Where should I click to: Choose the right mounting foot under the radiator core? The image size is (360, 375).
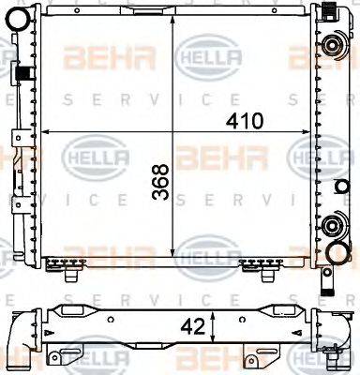(251, 269)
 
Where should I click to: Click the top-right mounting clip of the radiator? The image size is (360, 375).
(331, 11)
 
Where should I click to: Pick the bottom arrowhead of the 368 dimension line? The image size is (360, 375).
(175, 260)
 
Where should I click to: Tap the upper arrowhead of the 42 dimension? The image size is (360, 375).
(217, 313)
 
